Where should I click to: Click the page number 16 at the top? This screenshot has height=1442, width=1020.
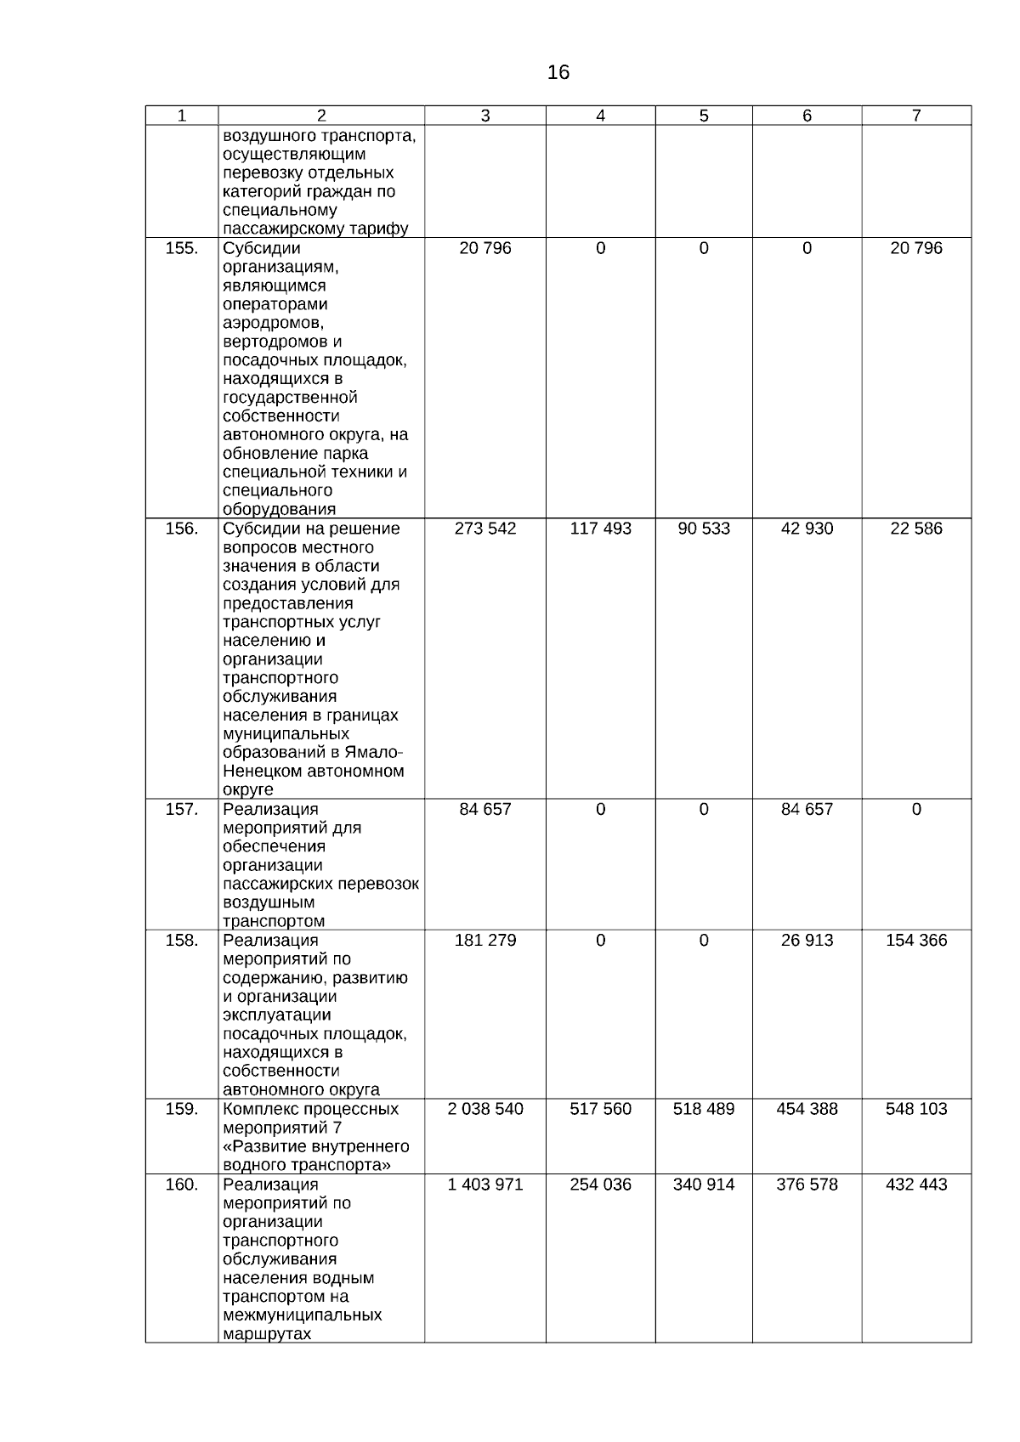pyautogui.click(x=558, y=73)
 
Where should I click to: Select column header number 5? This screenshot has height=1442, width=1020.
pyautogui.click(x=704, y=116)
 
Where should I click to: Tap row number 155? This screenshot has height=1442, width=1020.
pyautogui.click(x=182, y=248)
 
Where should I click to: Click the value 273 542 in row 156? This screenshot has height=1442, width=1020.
pyautogui.click(x=485, y=529)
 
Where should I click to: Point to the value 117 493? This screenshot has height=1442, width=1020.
pyautogui.click(x=600, y=529)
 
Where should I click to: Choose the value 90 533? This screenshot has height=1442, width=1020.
pyautogui.click(x=704, y=529)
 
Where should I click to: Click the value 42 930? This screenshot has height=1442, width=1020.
pyautogui.click(x=807, y=529)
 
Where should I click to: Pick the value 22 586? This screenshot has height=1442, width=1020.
pyautogui.click(x=916, y=529)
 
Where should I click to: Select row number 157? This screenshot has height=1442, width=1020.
pyautogui.click(x=182, y=809)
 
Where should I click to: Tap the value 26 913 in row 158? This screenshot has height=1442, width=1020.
pyautogui.click(x=807, y=940)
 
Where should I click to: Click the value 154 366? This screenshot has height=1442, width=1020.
pyautogui.click(x=916, y=940)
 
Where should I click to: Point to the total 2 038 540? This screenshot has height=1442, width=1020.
pyautogui.click(x=485, y=1109)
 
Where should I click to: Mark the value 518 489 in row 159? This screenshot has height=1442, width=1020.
pyautogui.click(x=704, y=1109)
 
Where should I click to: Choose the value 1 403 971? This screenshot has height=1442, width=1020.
pyautogui.click(x=485, y=1185)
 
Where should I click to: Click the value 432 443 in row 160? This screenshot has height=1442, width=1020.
pyautogui.click(x=916, y=1185)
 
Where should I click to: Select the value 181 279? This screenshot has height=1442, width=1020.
pyautogui.click(x=485, y=940)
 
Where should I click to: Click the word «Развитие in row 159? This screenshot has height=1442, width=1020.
pyautogui.click(x=261, y=1146)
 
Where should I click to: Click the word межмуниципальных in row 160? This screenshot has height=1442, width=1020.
pyautogui.click(x=302, y=1315)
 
